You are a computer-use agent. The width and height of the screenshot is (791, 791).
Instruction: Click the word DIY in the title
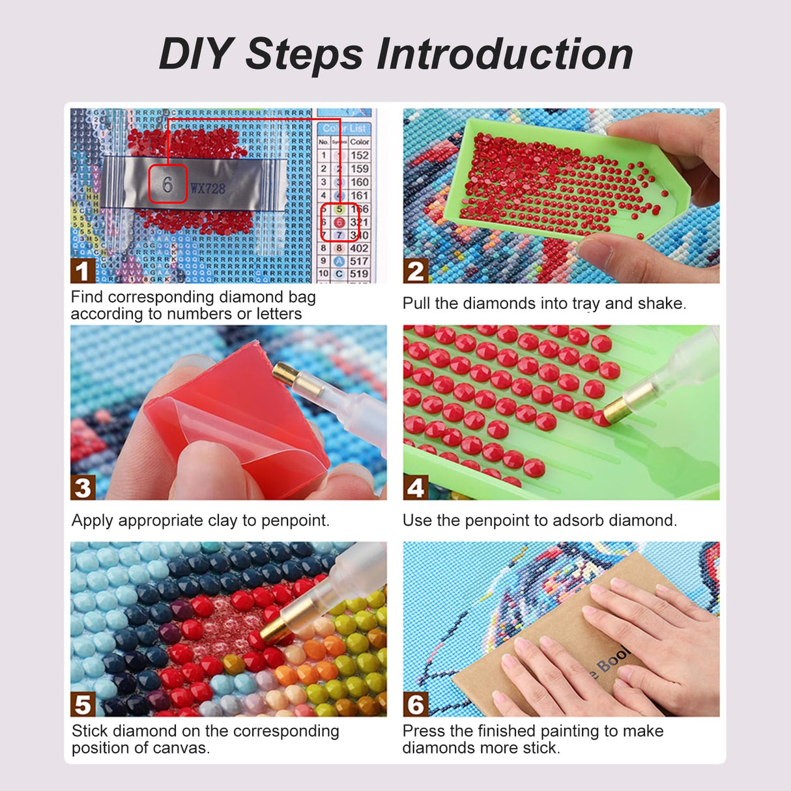[x=197, y=53]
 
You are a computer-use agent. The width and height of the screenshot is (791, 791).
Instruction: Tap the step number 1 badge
[x=82, y=270]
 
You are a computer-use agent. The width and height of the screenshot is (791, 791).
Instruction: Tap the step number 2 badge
[x=415, y=270]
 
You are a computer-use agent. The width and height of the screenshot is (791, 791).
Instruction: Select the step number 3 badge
[x=83, y=487]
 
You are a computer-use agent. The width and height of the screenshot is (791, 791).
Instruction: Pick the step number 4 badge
[x=415, y=487]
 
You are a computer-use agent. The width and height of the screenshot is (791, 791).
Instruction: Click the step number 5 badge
[x=83, y=704]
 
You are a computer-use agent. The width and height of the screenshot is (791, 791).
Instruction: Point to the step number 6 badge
[x=415, y=704]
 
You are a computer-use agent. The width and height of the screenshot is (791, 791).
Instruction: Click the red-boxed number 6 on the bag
[x=167, y=184]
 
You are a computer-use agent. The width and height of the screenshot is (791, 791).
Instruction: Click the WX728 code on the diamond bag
[x=207, y=189]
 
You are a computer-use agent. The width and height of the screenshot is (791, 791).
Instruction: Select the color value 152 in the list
[x=359, y=155]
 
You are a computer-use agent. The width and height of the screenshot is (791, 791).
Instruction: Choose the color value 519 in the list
[x=359, y=274]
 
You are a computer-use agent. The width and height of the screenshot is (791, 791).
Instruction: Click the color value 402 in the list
[x=359, y=248]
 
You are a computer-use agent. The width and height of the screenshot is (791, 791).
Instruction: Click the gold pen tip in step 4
[x=616, y=409]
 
